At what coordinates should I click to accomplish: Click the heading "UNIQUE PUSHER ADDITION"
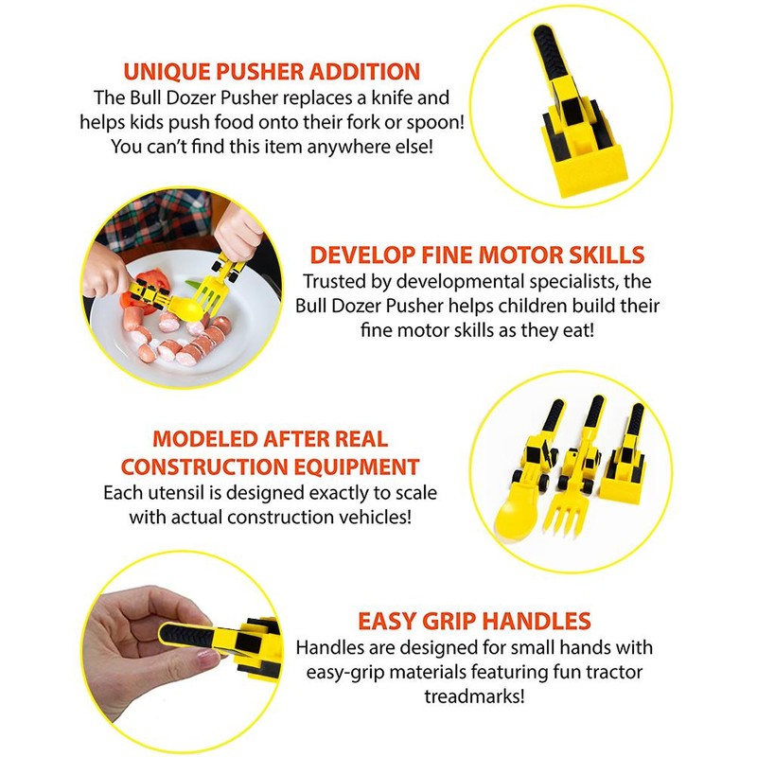coord(273,71)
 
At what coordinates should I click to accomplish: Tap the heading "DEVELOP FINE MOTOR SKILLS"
coord(478,255)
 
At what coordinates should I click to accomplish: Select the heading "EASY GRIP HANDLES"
coord(474,621)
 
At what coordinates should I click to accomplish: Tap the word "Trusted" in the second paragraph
coord(333,282)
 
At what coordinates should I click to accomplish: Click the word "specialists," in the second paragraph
coord(566,282)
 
